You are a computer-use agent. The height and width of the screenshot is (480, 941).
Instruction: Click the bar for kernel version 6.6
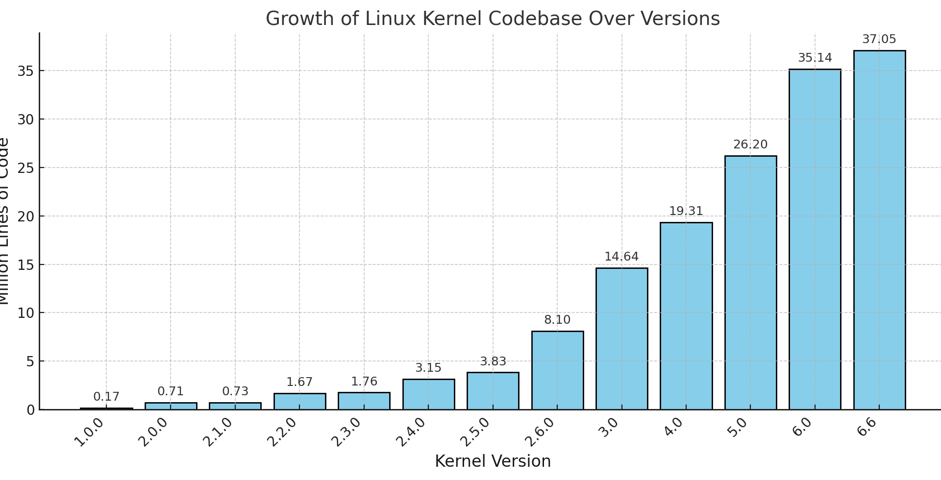[879, 230]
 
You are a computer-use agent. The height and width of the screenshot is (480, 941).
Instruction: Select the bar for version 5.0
[750, 283]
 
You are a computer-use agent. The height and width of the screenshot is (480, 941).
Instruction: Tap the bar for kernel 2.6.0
[557, 370]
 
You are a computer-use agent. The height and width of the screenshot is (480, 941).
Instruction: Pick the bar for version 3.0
[621, 338]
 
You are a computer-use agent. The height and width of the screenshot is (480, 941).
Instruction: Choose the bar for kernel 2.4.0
[428, 394]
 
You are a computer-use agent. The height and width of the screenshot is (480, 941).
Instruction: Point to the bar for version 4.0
[686, 316]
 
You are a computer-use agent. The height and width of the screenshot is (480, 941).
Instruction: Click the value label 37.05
[879, 39]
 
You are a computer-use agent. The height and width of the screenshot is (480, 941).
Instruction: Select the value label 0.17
[106, 397]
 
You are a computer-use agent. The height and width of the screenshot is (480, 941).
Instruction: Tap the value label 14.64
[621, 257]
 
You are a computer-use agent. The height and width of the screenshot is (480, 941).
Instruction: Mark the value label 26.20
[750, 144]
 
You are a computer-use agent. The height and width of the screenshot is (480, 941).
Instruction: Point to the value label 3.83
[493, 361]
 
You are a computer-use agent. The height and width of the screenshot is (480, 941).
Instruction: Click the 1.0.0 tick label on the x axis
[89, 432]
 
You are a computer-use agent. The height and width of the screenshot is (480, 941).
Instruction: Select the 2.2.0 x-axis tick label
[282, 432]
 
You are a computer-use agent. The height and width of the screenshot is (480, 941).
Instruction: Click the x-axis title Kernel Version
[493, 461]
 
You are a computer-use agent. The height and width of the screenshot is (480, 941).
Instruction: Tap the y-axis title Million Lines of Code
[4, 221]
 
